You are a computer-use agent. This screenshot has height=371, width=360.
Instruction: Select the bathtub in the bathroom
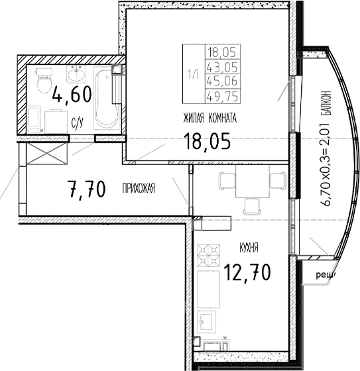tap(106, 99)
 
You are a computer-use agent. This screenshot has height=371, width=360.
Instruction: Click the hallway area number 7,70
tap(86, 190)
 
